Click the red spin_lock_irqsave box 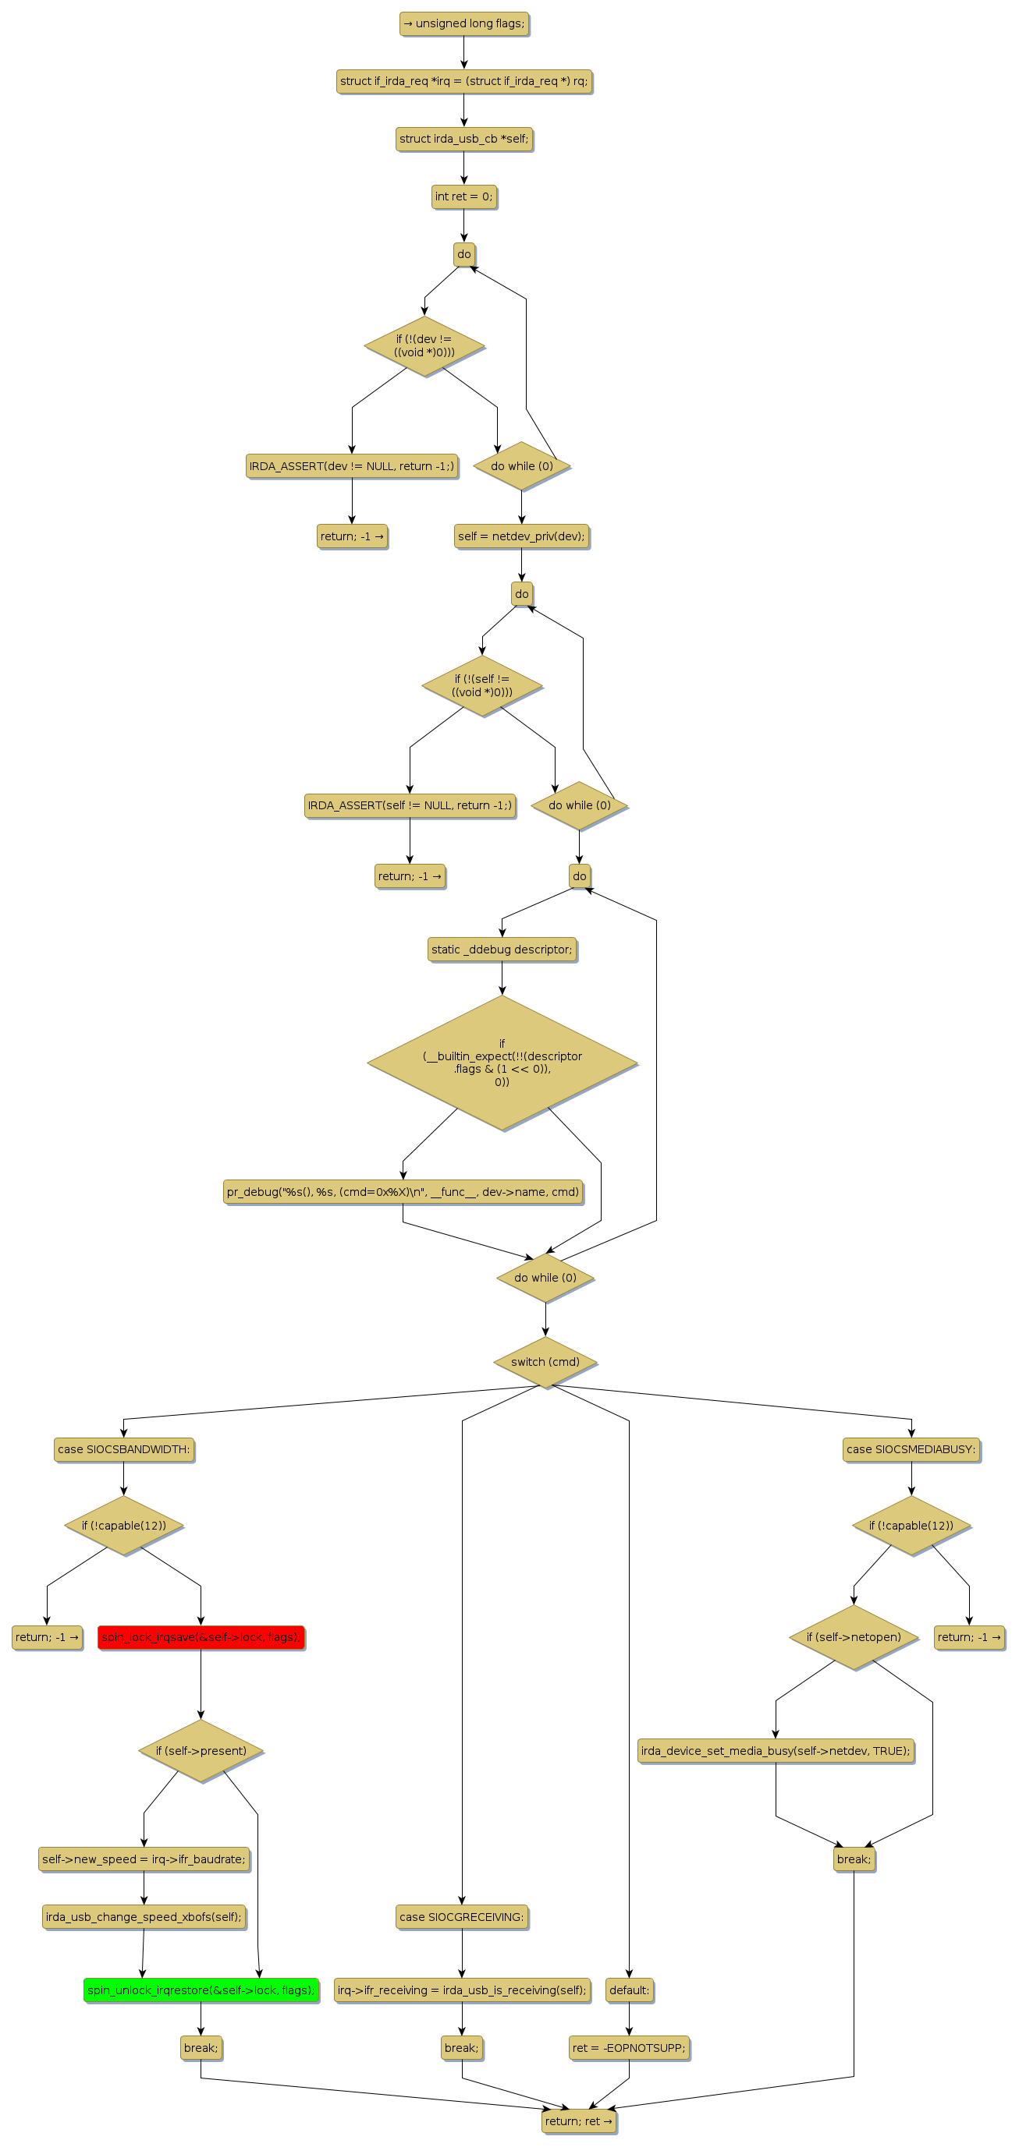[x=201, y=1636]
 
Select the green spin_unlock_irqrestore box [x=201, y=1990]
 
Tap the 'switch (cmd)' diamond [x=545, y=1361]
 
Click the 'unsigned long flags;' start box [x=464, y=23]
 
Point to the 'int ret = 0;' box [x=463, y=196]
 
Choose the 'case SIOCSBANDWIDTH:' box [x=123, y=1448]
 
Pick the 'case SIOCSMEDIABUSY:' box [x=911, y=1448]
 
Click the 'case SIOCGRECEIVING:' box [x=462, y=1916]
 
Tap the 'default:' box [x=629, y=1990]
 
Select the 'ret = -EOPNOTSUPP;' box [x=629, y=2047]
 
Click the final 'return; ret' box [x=579, y=2120]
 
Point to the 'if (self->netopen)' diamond [x=853, y=1636]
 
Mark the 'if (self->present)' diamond [x=201, y=1750]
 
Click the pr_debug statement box [x=403, y=1191]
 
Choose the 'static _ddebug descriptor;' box [x=502, y=949]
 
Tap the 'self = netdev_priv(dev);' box [x=521, y=536]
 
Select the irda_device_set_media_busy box [x=776, y=1750]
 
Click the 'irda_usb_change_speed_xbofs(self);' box [x=144, y=1916]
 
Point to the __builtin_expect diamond [x=502, y=1062]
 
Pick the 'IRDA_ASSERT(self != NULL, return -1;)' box [x=410, y=805]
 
